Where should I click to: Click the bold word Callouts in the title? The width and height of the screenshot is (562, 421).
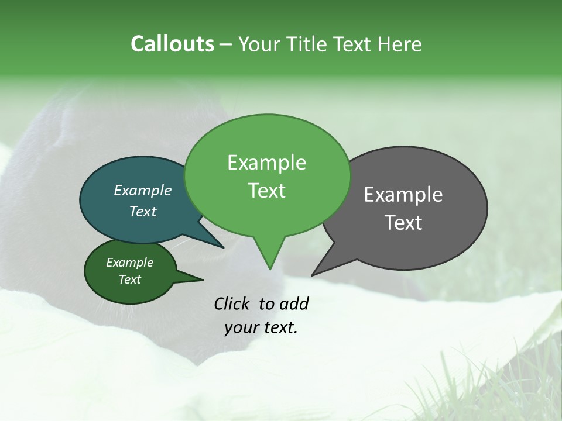pyautogui.click(x=172, y=44)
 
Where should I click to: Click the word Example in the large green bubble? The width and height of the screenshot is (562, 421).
pyautogui.click(x=266, y=163)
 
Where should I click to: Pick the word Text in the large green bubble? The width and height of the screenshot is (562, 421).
pyautogui.click(x=266, y=191)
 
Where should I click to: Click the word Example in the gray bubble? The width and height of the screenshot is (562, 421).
pyautogui.click(x=403, y=195)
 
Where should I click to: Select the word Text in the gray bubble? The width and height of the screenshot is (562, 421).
pyautogui.click(x=403, y=223)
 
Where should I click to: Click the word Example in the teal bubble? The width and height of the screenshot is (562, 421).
pyautogui.click(x=143, y=191)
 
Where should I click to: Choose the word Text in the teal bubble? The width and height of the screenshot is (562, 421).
pyautogui.click(x=143, y=212)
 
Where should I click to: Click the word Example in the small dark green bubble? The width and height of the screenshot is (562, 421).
pyautogui.click(x=129, y=263)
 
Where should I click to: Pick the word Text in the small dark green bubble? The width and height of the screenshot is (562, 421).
pyautogui.click(x=129, y=279)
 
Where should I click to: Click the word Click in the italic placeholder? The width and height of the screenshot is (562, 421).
pyautogui.click(x=232, y=304)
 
